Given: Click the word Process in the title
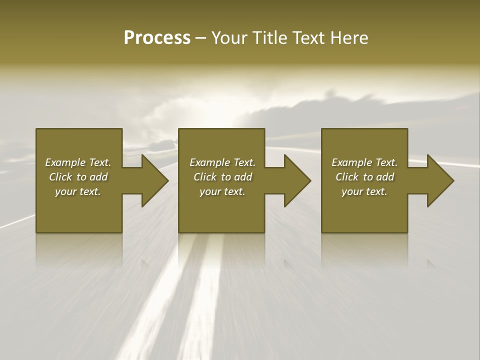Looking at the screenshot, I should (x=157, y=38).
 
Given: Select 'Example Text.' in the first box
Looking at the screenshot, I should (x=78, y=162).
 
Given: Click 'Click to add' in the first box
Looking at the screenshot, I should (x=78, y=177).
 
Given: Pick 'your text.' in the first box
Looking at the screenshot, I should (x=78, y=191).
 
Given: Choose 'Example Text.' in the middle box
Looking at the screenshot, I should (x=222, y=162).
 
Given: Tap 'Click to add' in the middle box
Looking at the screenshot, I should (x=222, y=177).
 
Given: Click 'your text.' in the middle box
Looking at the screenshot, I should (x=222, y=191).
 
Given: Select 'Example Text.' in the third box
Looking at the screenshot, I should (x=364, y=162).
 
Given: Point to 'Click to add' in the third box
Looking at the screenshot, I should (x=364, y=177).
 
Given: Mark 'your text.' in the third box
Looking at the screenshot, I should (x=364, y=191).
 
